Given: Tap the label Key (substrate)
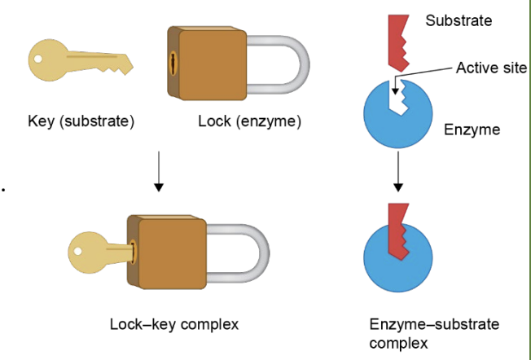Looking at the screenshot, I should pos(81,122).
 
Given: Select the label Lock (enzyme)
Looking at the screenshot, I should pos(249,122).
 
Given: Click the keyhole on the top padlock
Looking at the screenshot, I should pos(173,63).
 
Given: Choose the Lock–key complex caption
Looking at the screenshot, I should pos(174,324).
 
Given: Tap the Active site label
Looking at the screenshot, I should pos(491,68).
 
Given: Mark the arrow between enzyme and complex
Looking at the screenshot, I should pos(398,175).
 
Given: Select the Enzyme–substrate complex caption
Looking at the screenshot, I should pos(433,334).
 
